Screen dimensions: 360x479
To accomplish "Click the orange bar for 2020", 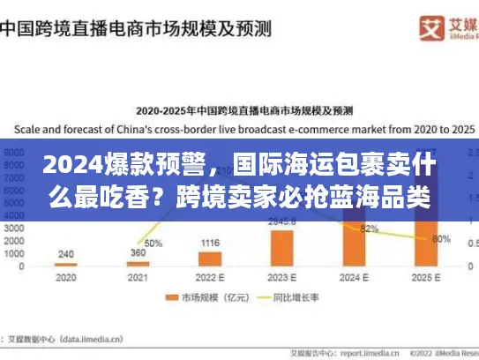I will (x=65, y=264).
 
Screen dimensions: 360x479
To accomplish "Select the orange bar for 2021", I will (x=138, y=263).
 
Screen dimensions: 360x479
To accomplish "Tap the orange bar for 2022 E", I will (x=210, y=258).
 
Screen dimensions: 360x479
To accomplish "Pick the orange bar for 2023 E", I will (x=282, y=247).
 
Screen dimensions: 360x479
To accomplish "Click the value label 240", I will (x=65, y=253).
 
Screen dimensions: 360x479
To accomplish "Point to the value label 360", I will (x=138, y=252).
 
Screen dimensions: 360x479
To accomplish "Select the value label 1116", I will (x=210, y=243).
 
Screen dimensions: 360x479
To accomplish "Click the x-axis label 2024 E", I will (x=354, y=276).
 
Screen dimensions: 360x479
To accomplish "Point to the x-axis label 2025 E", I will (x=426, y=276).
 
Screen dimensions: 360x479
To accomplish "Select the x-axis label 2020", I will (x=65, y=276).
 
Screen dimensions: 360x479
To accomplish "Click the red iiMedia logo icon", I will (x=407, y=27).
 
